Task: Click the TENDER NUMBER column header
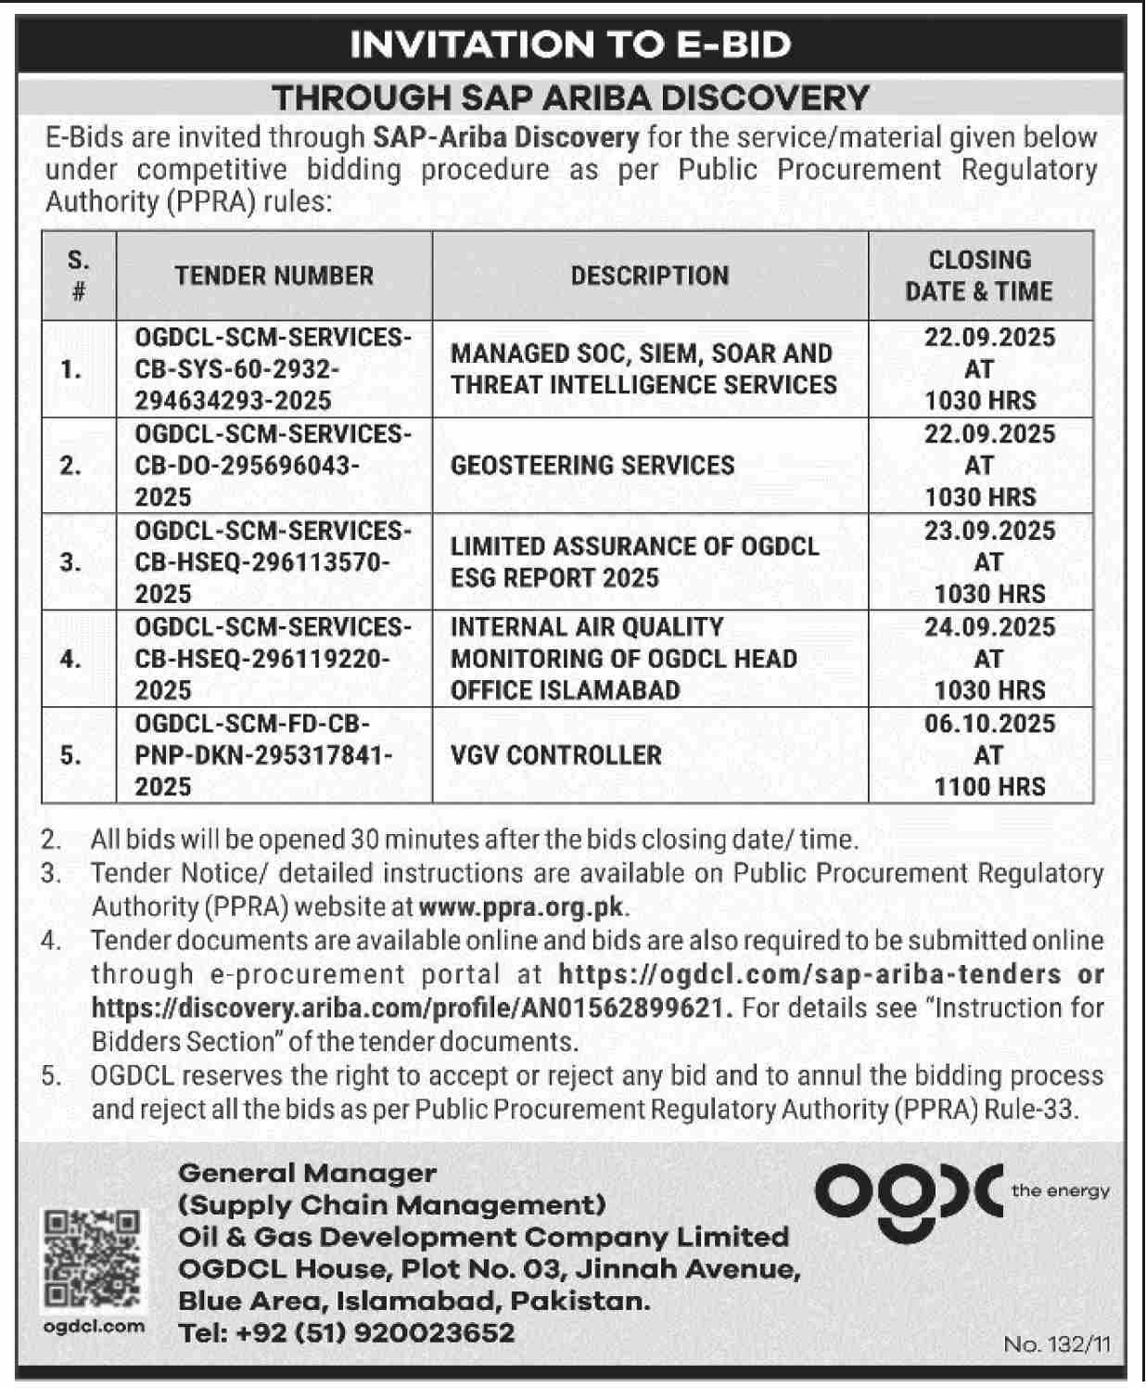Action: (274, 276)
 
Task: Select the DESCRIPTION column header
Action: (650, 276)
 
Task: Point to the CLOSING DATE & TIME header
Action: (979, 276)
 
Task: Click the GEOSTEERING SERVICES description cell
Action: (592, 465)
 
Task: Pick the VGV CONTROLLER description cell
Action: (556, 754)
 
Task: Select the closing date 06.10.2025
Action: (989, 724)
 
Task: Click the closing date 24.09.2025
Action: (989, 627)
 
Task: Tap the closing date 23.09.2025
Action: (989, 531)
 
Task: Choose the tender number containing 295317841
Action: (264, 754)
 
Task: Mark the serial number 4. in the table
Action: (70, 659)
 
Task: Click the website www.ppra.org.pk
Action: (523, 906)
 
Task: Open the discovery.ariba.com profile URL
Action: (412, 1008)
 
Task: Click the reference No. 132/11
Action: (1056, 1344)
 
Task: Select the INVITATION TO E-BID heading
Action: (571, 45)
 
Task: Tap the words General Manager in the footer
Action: (307, 1174)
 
